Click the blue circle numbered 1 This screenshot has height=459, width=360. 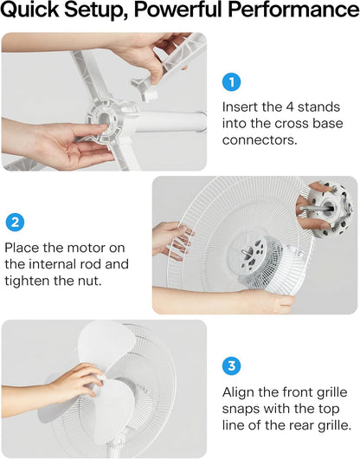point(232,82)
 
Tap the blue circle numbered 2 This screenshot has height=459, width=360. point(15,223)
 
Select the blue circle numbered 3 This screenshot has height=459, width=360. point(232,365)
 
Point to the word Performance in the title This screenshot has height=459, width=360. point(293,9)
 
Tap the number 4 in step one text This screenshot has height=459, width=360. point(290,107)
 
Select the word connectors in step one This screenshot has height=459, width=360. point(260,140)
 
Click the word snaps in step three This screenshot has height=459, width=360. point(238,410)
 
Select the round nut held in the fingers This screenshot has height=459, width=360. point(329,207)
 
